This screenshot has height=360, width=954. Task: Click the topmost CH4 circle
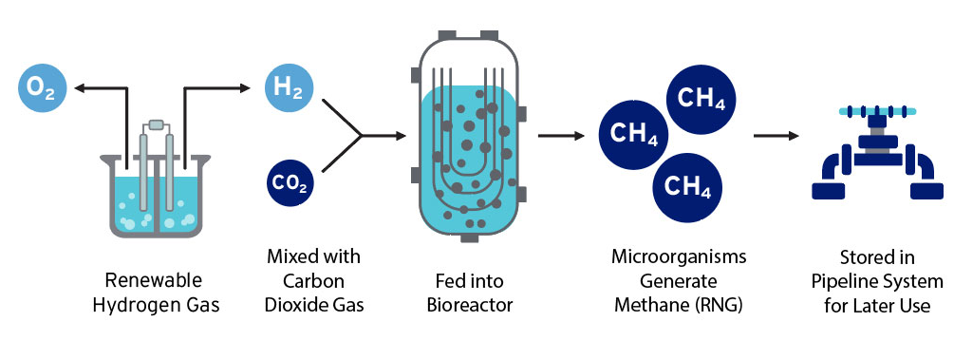tap(702, 98)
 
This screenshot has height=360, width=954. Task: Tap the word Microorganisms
tap(679, 257)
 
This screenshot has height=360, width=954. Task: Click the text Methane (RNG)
tap(679, 305)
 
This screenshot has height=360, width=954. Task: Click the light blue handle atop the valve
tap(872, 112)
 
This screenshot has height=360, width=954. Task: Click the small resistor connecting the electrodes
tap(158, 123)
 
